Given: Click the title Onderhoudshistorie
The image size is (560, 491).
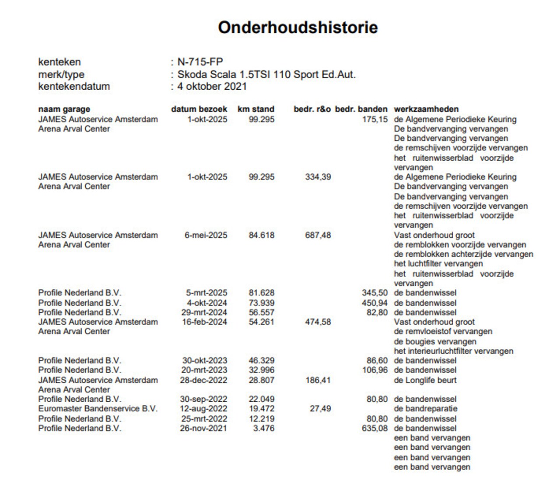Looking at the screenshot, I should coord(297,27).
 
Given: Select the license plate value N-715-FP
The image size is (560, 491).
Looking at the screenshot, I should coord(200,62).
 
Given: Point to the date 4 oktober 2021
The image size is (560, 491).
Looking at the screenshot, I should coord(212,86).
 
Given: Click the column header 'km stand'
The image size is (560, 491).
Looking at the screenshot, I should coord(256,109).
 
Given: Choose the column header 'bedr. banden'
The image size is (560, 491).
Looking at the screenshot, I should coord(361,109).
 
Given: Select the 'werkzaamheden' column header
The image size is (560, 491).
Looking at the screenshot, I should coord(426,109).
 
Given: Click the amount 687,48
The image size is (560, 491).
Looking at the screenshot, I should coord(318,235).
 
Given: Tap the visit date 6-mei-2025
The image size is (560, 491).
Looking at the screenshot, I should coord(206,235).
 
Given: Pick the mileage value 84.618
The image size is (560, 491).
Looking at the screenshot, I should coord(262,235).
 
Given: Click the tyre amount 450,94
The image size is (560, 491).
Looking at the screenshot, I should coord(374,303).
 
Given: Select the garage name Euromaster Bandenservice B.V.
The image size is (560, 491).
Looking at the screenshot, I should coord(98,409).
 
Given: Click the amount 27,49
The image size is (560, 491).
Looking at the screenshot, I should coord(320,409).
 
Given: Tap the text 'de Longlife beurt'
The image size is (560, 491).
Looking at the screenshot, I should coord(425,380).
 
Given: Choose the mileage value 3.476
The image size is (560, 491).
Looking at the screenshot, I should coord(264,428).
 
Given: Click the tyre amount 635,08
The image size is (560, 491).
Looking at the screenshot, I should coord(374,428).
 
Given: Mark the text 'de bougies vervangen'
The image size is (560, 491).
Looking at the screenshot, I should coord(435,341).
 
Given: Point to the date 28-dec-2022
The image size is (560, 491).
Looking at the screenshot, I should coord(203,380).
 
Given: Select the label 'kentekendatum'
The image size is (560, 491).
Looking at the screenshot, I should coord(74,86).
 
